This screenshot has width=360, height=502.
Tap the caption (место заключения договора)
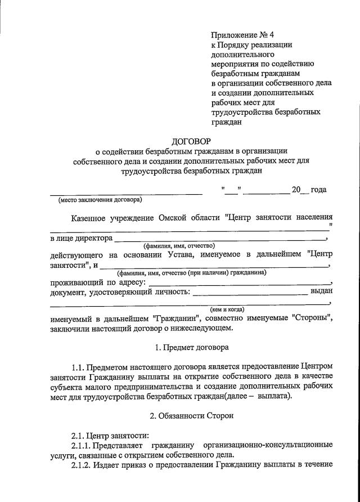pyautogui.click(x=100, y=199)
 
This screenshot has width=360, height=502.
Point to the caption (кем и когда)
pyautogui.click(x=227, y=309)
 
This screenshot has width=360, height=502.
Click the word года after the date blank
pyautogui.click(x=319, y=190)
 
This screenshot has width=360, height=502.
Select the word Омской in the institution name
pyautogui.click(x=167, y=217)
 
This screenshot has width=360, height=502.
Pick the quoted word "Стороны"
pyautogui.click(x=313, y=318)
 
